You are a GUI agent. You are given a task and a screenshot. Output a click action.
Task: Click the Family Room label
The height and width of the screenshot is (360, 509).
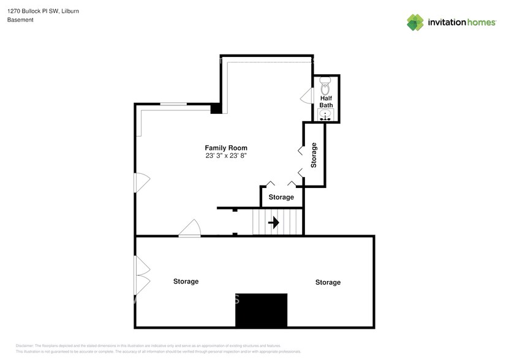click(225, 148)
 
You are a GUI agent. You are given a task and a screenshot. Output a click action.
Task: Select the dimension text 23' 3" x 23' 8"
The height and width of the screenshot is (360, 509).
click(225, 156)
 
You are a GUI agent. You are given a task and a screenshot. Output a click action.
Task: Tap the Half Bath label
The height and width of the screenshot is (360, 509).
click(326, 102)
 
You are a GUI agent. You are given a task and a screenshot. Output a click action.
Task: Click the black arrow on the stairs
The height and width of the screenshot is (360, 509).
click(274, 222)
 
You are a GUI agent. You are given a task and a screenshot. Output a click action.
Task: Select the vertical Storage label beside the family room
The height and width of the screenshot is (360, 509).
click(314, 156)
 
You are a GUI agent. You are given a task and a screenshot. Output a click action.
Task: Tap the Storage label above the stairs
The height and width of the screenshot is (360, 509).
click(282, 197)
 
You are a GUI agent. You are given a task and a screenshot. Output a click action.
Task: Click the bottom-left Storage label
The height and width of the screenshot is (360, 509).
click(186, 282)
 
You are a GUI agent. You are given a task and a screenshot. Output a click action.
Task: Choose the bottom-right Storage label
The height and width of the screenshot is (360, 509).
click(328, 282)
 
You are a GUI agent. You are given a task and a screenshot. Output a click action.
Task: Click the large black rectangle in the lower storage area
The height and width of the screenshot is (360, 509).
click(262, 310)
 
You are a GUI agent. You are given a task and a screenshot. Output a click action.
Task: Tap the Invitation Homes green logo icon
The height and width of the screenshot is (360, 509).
click(415, 22)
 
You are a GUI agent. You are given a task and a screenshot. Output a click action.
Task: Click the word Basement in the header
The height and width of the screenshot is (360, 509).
click(20, 20)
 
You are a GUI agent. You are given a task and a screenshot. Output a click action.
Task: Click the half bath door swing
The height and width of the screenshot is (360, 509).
click(307, 97)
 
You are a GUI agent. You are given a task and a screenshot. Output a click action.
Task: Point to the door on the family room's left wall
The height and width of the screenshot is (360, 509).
click(141, 182)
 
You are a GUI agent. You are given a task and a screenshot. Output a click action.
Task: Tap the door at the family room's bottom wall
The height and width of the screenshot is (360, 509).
click(190, 229)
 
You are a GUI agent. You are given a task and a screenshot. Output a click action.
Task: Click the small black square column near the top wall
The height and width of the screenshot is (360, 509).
click(216, 109)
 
